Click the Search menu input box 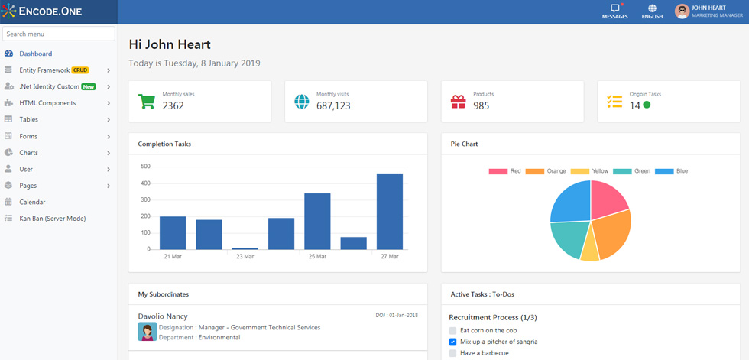point(59,34)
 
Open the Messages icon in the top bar point(614,8)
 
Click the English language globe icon point(652,8)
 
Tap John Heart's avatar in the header point(682,11)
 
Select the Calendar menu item point(32,202)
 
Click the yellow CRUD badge point(80,70)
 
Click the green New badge point(89,87)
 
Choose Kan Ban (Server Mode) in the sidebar point(53,219)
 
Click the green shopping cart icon point(146,101)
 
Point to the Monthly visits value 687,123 point(333,105)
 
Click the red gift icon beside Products point(458,102)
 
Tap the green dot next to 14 point(647,105)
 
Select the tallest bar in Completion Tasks point(390,212)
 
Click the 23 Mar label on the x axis point(245,256)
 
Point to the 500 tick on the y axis point(146,167)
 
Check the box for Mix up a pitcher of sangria point(452,342)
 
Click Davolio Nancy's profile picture point(147,332)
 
